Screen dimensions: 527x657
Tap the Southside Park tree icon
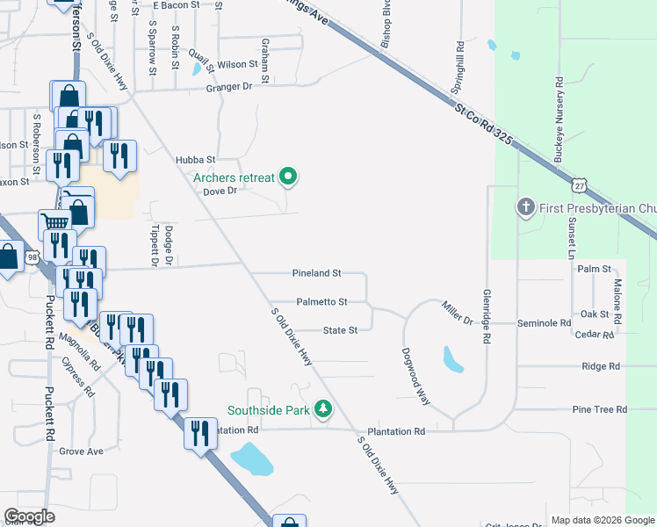(324, 409)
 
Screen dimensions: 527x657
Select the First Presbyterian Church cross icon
(525, 206)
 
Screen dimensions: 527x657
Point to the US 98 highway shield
(32, 256)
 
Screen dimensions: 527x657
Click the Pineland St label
(316, 274)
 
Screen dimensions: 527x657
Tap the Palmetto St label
(321, 301)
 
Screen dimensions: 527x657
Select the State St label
(340, 330)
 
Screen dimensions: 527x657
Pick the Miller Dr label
(458, 311)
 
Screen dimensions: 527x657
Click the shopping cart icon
(55, 222)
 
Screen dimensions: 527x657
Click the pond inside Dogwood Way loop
(452, 358)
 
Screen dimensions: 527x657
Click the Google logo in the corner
(29, 516)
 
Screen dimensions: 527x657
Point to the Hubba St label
(195, 160)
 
